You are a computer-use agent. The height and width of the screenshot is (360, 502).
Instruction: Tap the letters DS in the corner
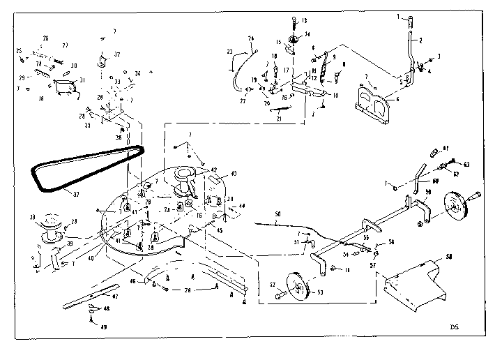click(455, 326)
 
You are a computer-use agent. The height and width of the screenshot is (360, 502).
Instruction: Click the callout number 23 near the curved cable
click(229, 50)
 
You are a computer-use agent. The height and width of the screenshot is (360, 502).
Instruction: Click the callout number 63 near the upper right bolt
click(466, 165)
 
